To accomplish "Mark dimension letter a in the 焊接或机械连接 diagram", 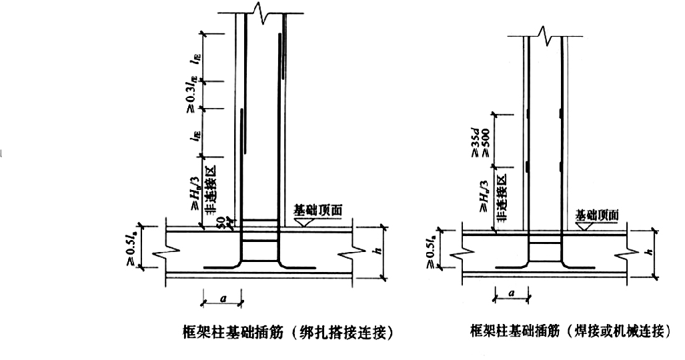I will (511, 294).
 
